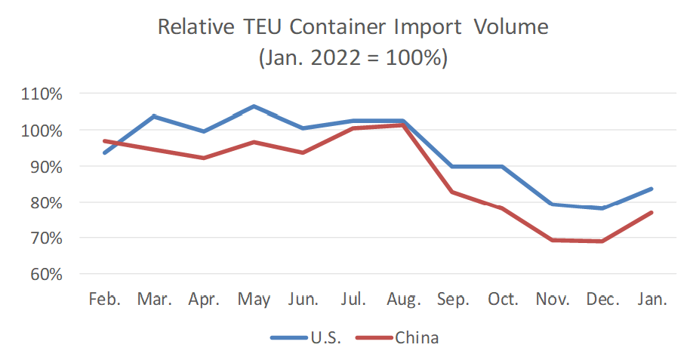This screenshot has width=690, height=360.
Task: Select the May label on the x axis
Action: [254, 299]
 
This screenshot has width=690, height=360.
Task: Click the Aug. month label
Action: [403, 299]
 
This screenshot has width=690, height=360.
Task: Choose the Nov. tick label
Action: [553, 299]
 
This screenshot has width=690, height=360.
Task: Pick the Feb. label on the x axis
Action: [104, 299]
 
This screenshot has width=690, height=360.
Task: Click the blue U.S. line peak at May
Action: [254, 106]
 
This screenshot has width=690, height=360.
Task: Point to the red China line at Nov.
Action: [553, 240]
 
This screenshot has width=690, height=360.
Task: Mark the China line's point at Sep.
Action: [453, 192]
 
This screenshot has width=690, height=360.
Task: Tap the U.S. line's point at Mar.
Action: [154, 116]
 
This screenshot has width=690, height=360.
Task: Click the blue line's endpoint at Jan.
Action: [651, 189]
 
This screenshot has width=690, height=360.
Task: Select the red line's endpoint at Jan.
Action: [651, 213]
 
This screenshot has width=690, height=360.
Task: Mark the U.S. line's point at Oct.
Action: [503, 166]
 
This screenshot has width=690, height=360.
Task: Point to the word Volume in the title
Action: [510, 28]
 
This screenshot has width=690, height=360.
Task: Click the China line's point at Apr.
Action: [204, 158]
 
